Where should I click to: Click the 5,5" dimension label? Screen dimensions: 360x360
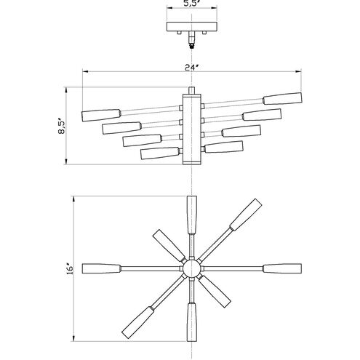[191, 4]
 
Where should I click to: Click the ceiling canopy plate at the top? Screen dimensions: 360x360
[191, 29]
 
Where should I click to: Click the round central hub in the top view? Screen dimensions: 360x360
[192, 268]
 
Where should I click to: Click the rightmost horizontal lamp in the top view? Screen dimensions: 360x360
[280, 268]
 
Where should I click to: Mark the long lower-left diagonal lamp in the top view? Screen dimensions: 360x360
[138, 322]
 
